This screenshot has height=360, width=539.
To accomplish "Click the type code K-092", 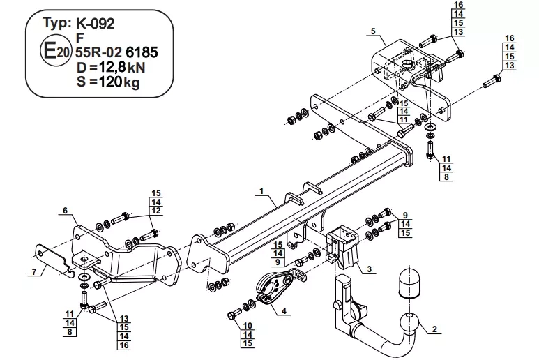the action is pos(96,24).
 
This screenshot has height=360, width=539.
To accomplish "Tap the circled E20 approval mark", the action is pos(55,52).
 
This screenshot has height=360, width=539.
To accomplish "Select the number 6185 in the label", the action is pos(142,52).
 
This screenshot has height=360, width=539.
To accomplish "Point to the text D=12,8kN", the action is pos(111,68).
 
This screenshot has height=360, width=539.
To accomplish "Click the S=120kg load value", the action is pos(108,82).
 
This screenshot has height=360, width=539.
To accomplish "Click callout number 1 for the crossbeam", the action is pos(261,191).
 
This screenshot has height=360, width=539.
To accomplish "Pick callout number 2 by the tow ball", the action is pos(434,329).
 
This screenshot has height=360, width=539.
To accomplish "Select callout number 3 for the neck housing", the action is pos(369,269).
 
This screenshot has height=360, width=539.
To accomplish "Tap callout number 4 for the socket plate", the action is pos(284,311).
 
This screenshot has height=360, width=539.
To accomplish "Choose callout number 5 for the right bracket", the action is pos(373,31).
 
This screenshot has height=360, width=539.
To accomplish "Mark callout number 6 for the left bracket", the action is pos(66,211).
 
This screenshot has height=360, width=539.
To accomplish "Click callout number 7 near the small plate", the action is pos(34,272).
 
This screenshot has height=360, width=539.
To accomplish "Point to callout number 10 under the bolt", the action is pos(248,326).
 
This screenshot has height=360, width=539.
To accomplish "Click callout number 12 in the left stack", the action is pos(156,211).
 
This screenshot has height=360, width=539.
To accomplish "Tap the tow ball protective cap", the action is pos(409,282).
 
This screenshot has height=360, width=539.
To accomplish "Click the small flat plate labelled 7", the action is pos(54,260).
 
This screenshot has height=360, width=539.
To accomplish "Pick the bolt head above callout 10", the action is pos(231,315).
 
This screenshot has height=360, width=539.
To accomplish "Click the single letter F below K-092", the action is pos(80,38).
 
